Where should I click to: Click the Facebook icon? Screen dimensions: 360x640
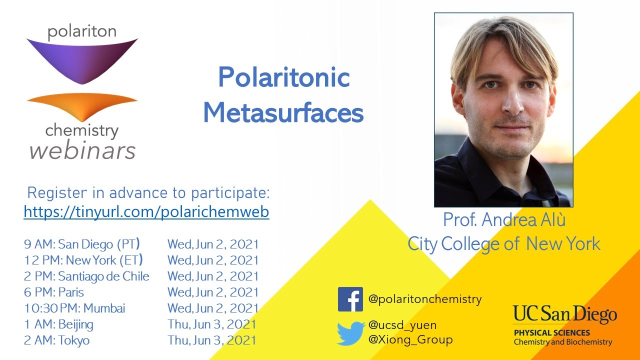tap(350, 299)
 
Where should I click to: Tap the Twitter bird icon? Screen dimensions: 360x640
tap(350, 333)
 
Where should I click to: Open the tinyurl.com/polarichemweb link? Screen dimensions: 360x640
tap(146, 212)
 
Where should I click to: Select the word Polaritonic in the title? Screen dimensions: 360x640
tap(283, 77)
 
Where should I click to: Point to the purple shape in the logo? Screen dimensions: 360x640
tap(81, 59)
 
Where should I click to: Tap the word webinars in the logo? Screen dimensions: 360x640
tap(82, 150)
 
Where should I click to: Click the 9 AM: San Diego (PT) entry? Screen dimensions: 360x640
tap(82, 244)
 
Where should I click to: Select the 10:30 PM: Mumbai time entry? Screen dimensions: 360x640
tap(74, 308)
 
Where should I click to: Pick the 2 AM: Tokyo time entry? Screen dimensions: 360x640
tap(57, 340)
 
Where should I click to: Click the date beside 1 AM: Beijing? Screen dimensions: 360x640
tap(212, 324)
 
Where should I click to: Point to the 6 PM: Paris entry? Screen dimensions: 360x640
tap(54, 292)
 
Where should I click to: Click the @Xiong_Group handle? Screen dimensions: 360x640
tap(410, 340)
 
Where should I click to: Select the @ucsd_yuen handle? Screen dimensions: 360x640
tap(402, 325)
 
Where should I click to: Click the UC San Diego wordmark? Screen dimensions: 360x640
tap(564, 315)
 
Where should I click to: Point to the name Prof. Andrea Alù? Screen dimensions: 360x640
tap(504, 220)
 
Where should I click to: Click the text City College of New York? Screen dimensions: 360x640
tap(504, 244)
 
